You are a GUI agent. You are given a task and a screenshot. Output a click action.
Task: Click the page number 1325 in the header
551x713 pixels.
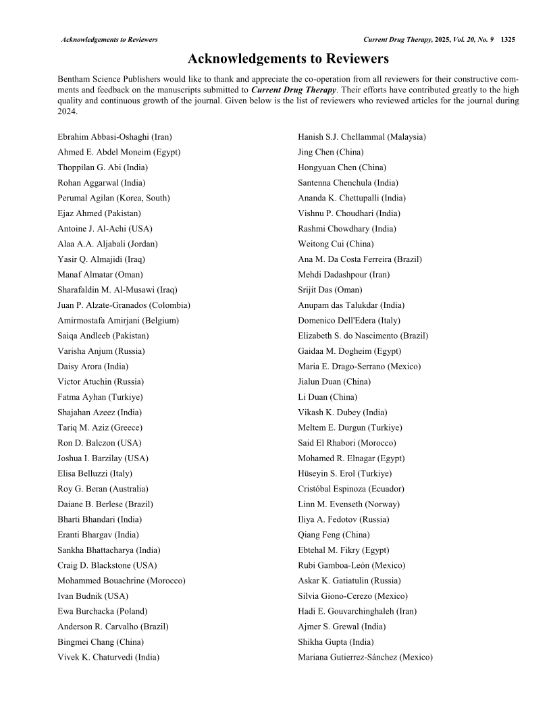click(508, 40)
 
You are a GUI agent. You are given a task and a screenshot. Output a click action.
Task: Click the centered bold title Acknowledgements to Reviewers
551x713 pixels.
click(288, 59)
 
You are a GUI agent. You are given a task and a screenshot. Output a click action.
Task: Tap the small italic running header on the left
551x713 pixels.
click(109, 40)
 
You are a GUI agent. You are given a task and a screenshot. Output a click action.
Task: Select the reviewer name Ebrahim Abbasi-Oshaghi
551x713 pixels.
click(115, 136)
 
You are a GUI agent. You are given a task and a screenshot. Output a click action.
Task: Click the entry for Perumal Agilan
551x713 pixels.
click(113, 198)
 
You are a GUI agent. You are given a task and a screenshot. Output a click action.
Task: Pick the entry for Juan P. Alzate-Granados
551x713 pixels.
click(124, 305)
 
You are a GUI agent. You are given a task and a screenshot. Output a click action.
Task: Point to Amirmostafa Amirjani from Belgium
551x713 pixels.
click(118, 321)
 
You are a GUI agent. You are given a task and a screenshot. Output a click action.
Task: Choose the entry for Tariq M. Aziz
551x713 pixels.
click(100, 427)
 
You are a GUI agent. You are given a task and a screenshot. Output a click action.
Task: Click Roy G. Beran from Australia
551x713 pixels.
click(103, 489)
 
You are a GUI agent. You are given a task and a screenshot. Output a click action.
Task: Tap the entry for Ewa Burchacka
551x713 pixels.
click(101, 611)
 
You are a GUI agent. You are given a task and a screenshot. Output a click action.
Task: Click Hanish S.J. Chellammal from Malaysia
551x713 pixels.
click(361, 136)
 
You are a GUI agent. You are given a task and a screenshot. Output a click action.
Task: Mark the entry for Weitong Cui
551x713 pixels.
click(335, 244)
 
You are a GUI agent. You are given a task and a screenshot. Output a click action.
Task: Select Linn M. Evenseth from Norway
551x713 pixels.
click(348, 504)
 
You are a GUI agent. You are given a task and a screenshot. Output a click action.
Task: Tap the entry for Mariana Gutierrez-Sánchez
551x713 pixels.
click(365, 657)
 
